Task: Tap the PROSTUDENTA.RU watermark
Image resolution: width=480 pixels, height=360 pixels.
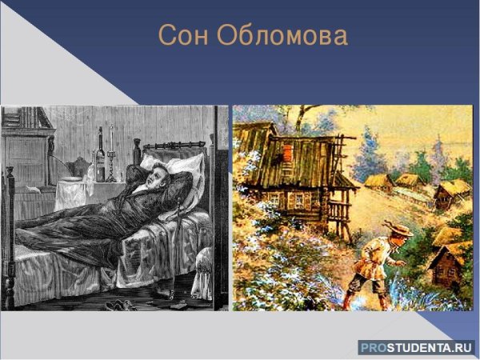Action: [x=416, y=346]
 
